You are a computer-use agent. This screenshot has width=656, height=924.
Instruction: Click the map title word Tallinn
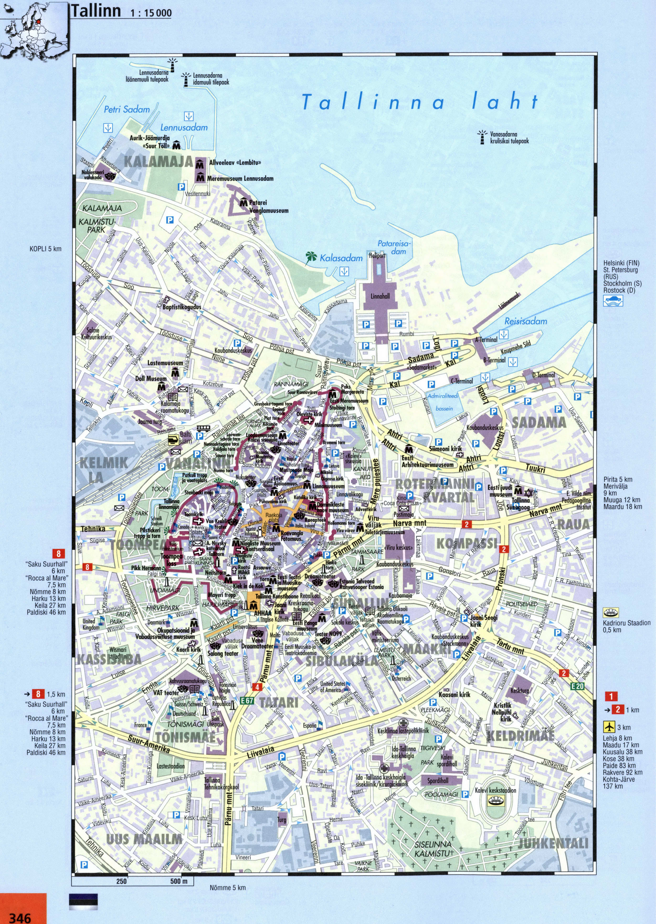click(x=96, y=11)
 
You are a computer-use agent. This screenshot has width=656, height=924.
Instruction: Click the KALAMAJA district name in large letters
click(x=158, y=162)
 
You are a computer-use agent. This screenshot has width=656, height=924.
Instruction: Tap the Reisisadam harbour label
click(x=525, y=321)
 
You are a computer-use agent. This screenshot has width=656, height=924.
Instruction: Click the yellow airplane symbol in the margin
click(x=609, y=727)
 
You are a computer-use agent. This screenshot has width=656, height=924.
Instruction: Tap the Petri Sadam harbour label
click(x=127, y=109)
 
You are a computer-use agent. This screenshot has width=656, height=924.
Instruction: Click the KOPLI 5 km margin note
click(x=45, y=249)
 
